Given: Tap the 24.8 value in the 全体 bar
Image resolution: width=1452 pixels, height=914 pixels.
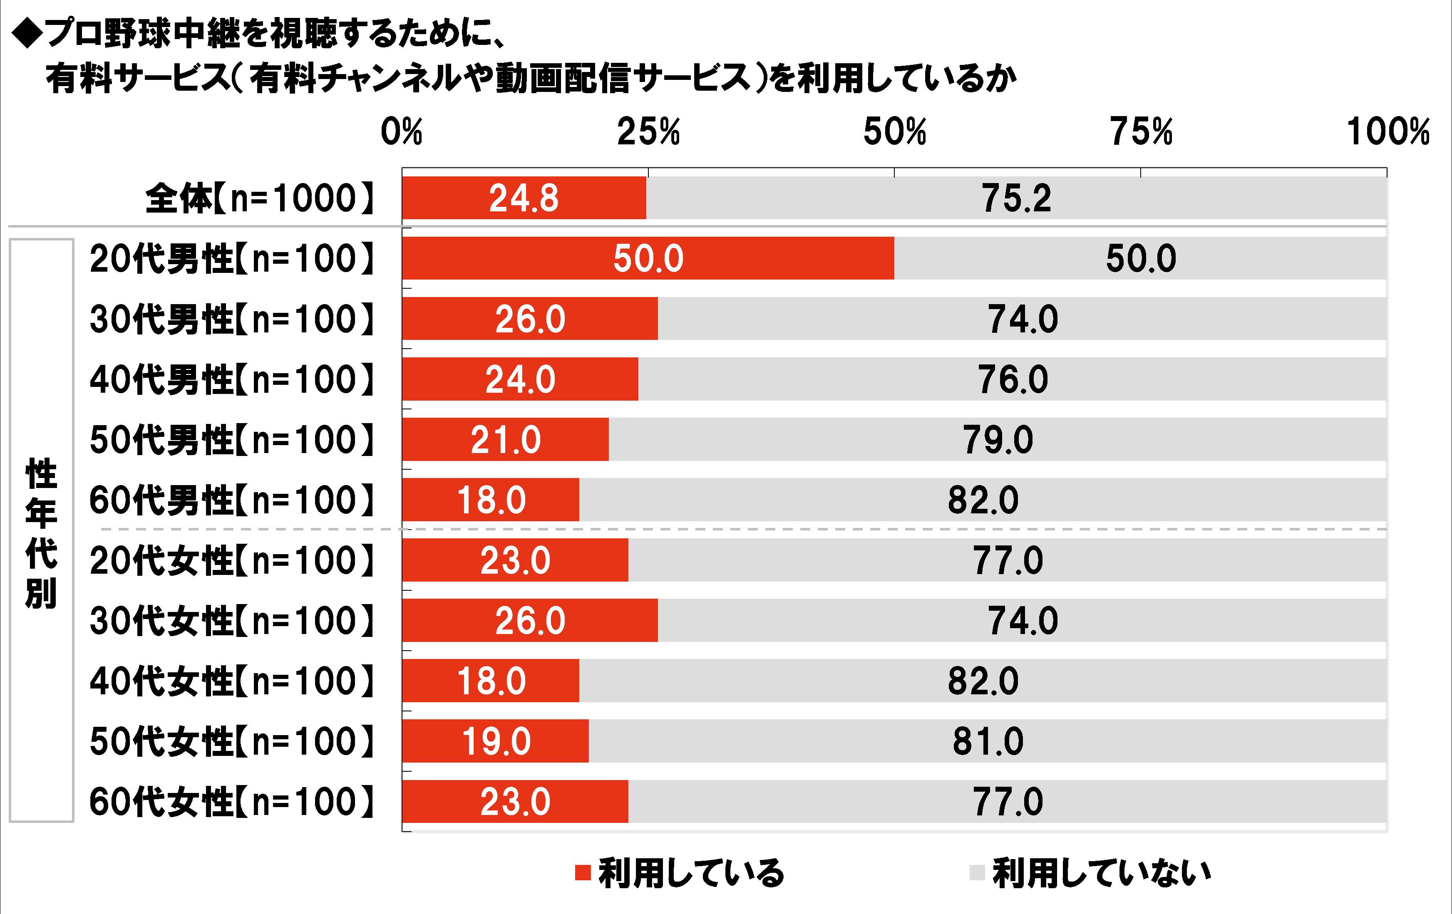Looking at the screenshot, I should [x=524, y=198].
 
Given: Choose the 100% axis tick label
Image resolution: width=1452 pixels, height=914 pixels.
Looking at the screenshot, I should [x=1388, y=132].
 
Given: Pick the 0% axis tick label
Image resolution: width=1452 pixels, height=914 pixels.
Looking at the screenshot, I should [x=401, y=132].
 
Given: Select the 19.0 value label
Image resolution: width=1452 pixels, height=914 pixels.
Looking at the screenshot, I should [x=496, y=741].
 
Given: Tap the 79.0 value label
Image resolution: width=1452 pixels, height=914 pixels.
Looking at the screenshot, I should [x=998, y=439].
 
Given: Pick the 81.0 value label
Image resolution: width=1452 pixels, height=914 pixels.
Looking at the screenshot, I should [x=988, y=741].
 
